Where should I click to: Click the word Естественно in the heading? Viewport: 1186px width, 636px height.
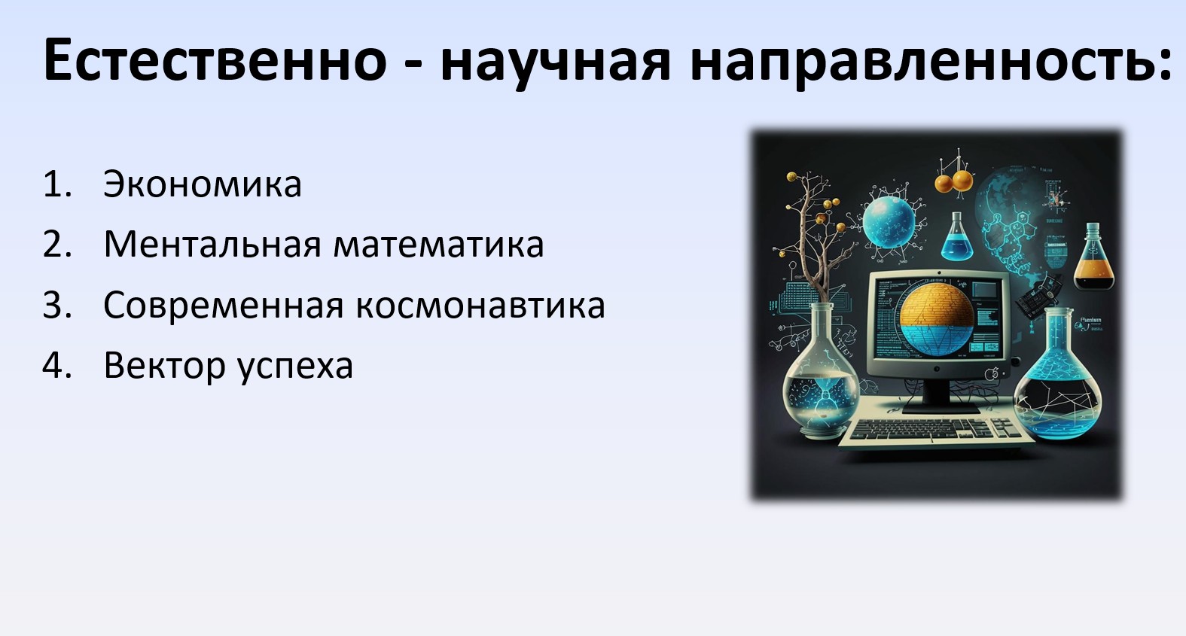click(x=215, y=59)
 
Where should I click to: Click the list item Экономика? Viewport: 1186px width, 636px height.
click(x=203, y=184)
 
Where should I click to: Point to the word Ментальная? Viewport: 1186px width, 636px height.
click(x=212, y=245)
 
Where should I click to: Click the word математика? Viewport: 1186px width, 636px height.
click(x=438, y=245)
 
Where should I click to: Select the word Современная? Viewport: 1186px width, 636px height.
click(x=224, y=306)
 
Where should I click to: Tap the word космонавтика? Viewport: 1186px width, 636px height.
click(x=480, y=306)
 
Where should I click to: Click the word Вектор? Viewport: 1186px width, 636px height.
click(x=165, y=366)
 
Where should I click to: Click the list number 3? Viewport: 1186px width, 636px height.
click(x=56, y=306)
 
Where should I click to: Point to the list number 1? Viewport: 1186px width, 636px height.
click(x=56, y=184)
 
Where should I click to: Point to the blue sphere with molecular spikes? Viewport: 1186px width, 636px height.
click(x=889, y=221)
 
